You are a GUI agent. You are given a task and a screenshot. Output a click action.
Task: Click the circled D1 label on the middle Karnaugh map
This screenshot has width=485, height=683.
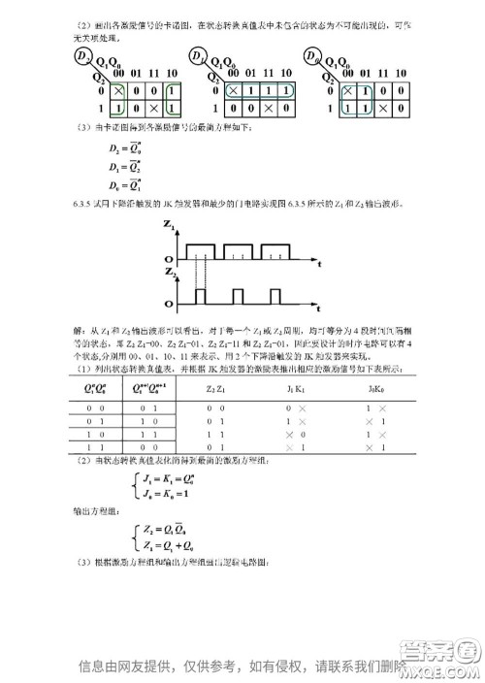199,59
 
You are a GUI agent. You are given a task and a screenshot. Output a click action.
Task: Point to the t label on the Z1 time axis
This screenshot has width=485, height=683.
319,264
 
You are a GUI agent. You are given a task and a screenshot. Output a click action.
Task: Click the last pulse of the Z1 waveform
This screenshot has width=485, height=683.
275,250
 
